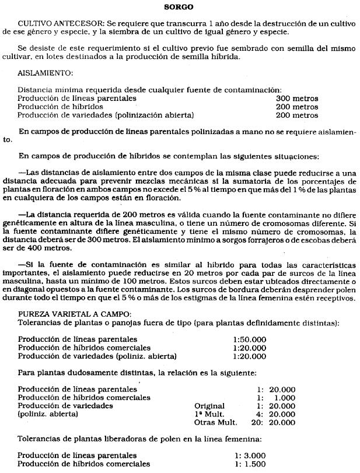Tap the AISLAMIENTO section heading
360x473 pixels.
[46, 74]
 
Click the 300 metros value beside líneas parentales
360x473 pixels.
[296, 99]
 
